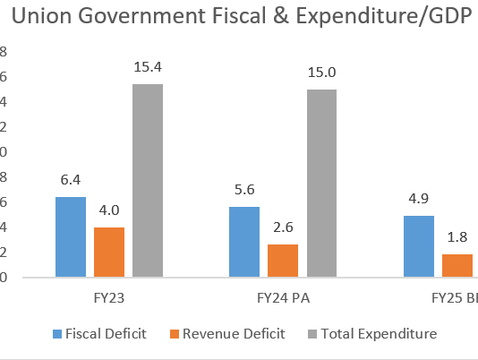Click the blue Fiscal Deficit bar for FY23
70,236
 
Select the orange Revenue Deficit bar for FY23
108,252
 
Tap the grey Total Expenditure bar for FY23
148,180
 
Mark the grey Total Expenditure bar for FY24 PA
321,183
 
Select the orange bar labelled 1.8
456,265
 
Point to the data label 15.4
148,68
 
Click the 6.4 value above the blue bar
70,180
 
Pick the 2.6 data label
282,228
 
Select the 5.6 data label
243,190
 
